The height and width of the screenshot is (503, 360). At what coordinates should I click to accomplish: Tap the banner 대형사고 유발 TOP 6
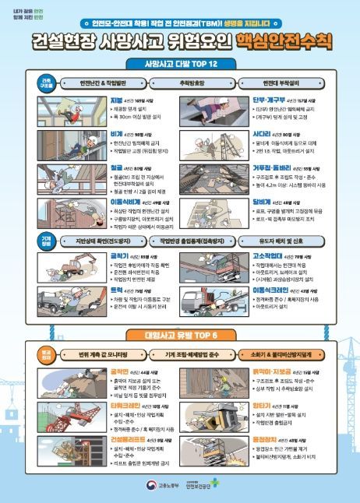click(x=181, y=336)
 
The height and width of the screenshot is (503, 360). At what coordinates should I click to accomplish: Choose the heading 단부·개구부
click(x=268, y=100)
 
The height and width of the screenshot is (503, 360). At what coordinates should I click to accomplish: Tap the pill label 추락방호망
click(x=180, y=81)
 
